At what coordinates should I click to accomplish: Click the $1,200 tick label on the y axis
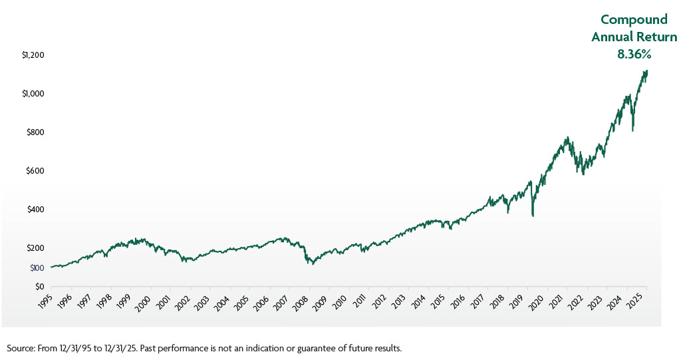(33, 55)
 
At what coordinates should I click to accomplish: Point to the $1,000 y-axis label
(33, 93)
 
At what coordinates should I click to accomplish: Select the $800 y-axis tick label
(36, 132)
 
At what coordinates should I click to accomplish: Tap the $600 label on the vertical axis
(36, 170)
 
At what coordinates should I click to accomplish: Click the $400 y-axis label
(36, 209)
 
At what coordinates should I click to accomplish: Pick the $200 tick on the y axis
(36, 248)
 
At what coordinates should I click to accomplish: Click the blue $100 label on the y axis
(37, 268)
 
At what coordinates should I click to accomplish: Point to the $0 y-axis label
(39, 286)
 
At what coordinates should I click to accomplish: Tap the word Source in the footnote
(21, 348)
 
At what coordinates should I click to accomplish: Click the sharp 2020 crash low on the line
(533, 216)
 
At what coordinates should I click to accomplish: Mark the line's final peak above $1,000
(646, 71)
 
